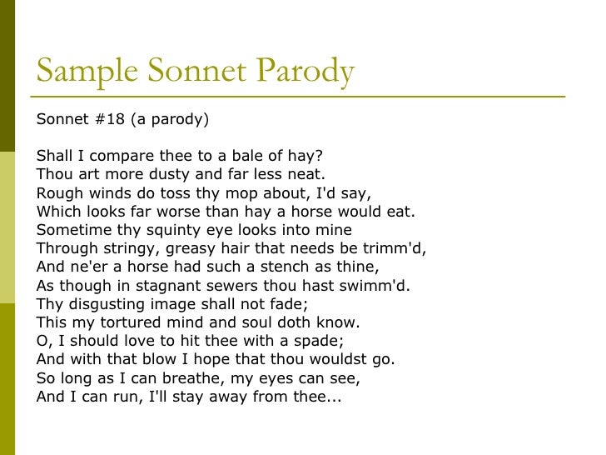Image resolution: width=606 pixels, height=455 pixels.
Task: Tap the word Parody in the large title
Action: (306, 72)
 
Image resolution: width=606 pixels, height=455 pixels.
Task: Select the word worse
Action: (185, 211)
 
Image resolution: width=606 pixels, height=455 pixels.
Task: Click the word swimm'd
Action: (373, 284)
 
